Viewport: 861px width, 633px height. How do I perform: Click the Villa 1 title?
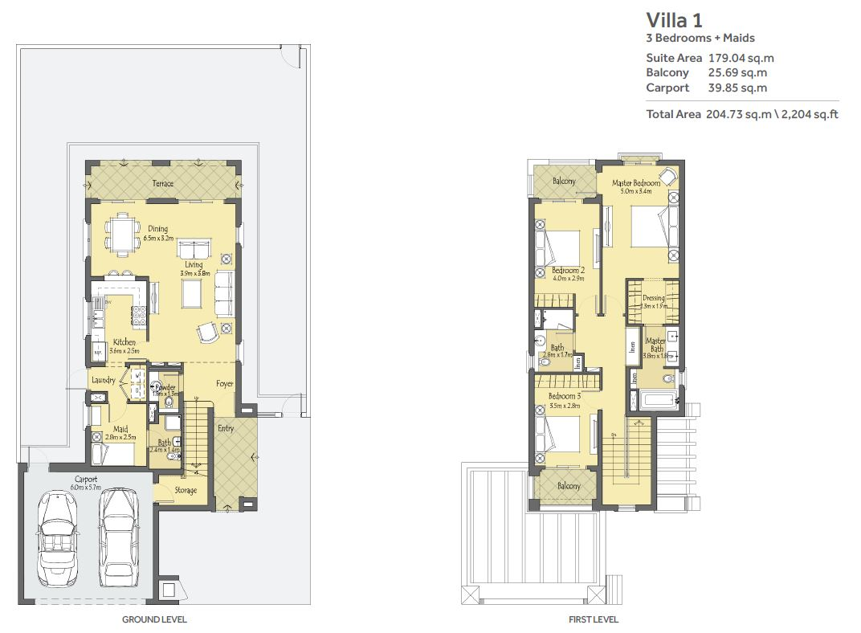675,20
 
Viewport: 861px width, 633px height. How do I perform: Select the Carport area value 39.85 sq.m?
737,88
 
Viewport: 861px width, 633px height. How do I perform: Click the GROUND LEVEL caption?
154,619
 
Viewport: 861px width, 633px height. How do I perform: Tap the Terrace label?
163,184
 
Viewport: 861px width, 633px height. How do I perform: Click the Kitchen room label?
124,342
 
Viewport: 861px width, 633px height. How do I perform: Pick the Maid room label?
120,429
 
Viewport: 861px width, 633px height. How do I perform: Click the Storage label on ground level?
186,490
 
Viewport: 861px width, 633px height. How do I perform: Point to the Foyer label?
224,384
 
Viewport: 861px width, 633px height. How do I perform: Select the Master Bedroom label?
635,183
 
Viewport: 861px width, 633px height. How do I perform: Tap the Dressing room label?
654,298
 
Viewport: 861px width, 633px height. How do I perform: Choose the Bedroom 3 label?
565,397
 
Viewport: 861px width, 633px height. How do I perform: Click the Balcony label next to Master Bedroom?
564,182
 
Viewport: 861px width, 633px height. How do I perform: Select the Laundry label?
104,380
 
